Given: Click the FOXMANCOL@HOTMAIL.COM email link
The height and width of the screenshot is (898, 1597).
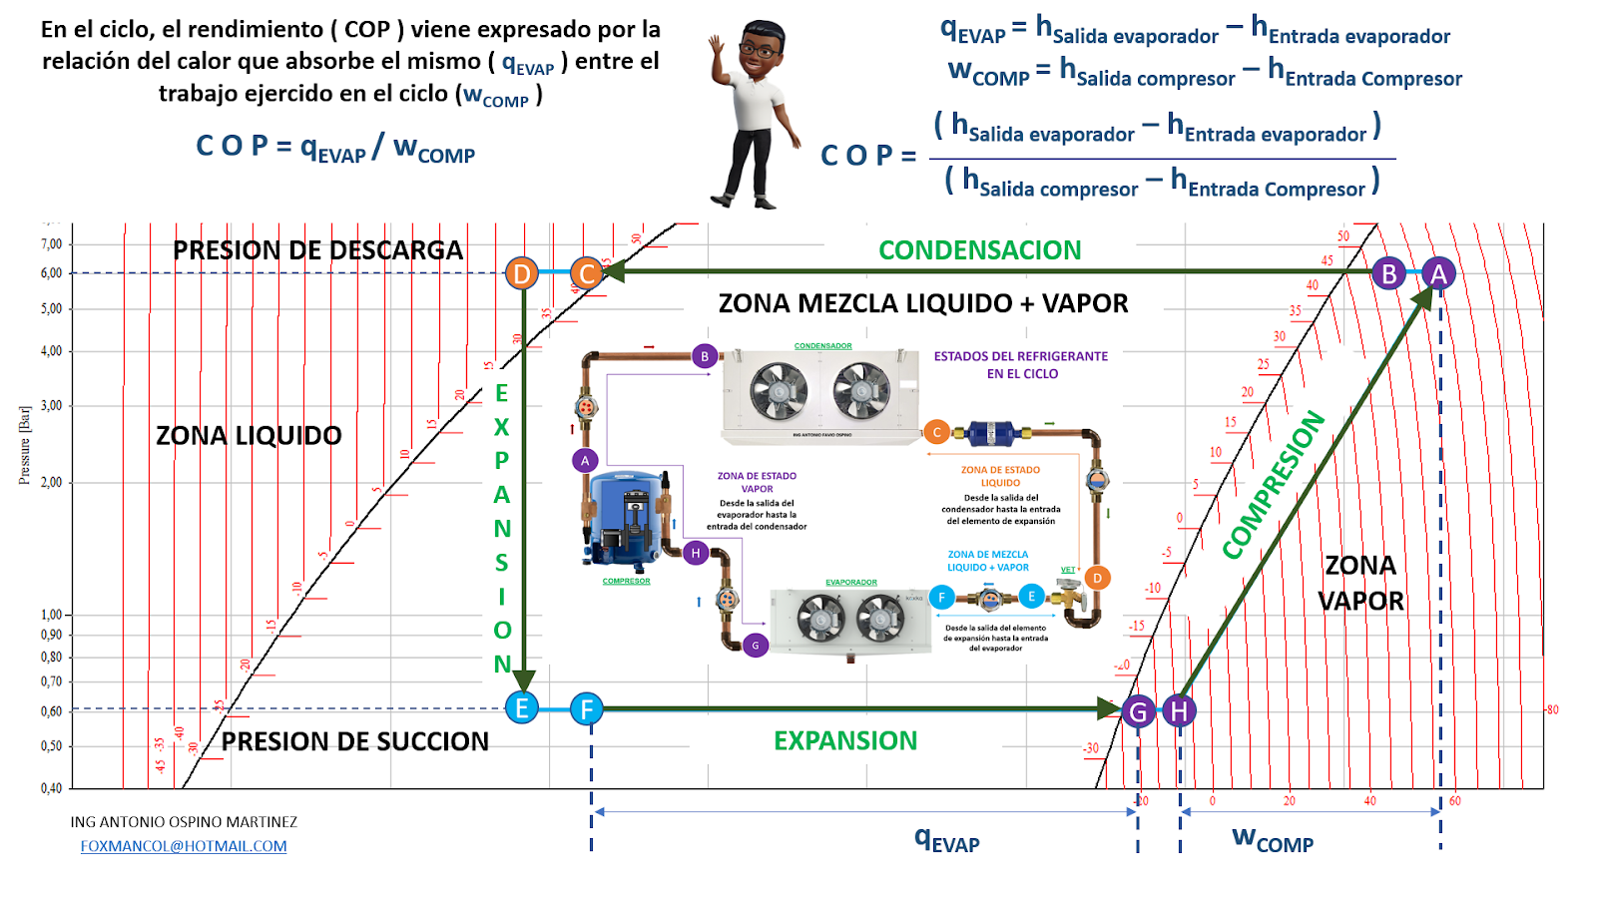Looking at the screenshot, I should (184, 846).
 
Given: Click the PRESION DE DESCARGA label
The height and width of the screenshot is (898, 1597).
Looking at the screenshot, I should (317, 250).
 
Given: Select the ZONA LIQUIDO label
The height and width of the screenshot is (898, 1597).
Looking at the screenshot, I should (249, 436).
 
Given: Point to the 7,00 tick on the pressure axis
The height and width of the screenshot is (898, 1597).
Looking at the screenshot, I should (52, 244).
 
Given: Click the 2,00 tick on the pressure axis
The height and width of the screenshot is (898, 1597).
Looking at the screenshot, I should (52, 483).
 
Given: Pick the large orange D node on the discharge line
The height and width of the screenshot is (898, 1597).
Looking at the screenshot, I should (521, 273).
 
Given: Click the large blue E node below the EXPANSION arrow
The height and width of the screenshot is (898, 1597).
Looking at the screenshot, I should (521, 708).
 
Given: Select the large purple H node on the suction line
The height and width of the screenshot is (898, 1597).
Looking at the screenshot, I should (1179, 711).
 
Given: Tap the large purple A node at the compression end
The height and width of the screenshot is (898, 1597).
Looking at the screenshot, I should (1438, 273).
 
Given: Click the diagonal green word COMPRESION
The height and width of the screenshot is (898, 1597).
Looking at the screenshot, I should (1274, 484).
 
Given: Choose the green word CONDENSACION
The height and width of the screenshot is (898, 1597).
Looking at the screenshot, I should (979, 250).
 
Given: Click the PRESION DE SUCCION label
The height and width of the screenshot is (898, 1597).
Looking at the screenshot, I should (354, 742).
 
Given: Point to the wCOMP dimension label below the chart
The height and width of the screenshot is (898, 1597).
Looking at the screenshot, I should (1273, 838).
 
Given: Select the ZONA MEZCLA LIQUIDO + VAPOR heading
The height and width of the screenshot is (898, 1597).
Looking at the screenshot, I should (923, 303).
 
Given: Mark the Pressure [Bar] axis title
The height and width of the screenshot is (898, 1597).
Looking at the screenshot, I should (25, 445).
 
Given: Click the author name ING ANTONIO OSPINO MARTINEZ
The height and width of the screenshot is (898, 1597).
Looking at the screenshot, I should (184, 822).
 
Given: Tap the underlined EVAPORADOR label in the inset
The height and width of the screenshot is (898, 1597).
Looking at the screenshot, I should (851, 582).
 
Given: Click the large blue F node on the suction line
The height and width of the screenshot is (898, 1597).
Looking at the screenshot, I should (587, 709).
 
